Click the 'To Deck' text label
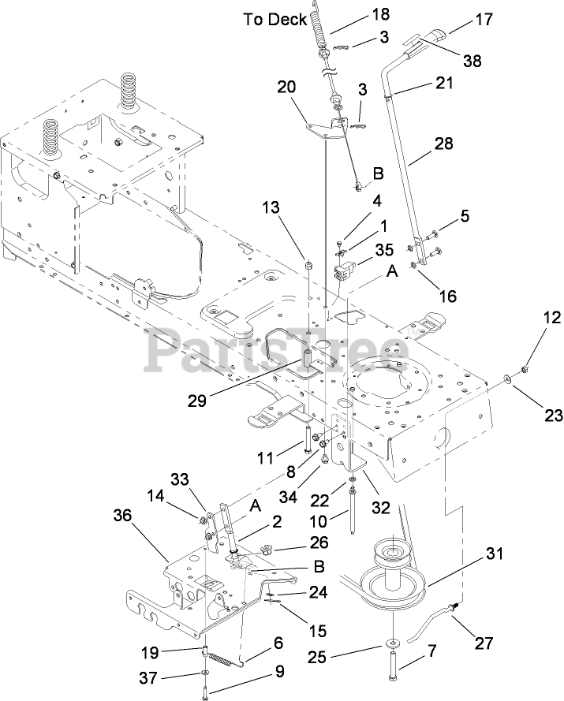pyautogui.click(x=275, y=20)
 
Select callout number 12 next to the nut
pyautogui.click(x=551, y=318)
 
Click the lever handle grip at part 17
pyautogui.click(x=433, y=36)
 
